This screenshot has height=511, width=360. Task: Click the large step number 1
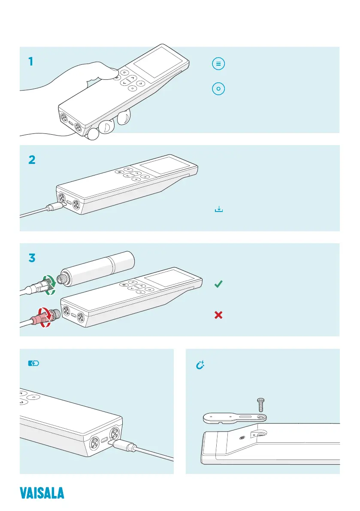pyautogui.click(x=30, y=62)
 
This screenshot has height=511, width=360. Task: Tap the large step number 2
pyautogui.click(x=32, y=160)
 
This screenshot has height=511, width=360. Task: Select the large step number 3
pyautogui.click(x=32, y=259)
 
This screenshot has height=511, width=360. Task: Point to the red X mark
pyautogui.click(x=218, y=315)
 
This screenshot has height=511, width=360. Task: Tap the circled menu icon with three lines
pyautogui.click(x=218, y=64)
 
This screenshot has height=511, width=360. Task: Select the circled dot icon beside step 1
pyautogui.click(x=218, y=89)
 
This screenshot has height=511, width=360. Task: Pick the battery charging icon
pyautogui.click(x=33, y=363)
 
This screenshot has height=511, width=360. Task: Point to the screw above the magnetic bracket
pyautogui.click(x=260, y=404)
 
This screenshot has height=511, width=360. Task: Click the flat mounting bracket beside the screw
pyautogui.click(x=234, y=416)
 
